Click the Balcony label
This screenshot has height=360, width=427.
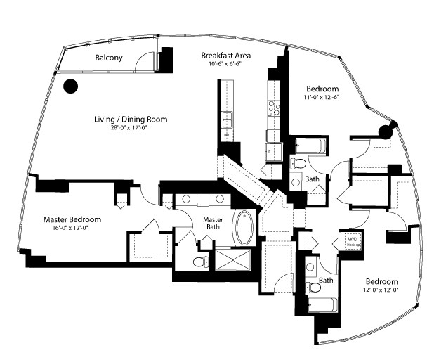109,58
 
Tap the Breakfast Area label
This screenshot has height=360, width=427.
226,56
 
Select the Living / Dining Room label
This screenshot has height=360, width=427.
131,120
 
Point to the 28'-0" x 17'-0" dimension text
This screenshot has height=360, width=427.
131,129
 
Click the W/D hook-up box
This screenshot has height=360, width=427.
350,240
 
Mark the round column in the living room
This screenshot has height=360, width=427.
70,86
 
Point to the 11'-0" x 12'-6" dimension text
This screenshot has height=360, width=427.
322,98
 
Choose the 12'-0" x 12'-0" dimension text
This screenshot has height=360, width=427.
380,290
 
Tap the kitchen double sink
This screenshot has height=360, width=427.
228,122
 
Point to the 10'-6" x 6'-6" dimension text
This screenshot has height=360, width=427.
226,65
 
